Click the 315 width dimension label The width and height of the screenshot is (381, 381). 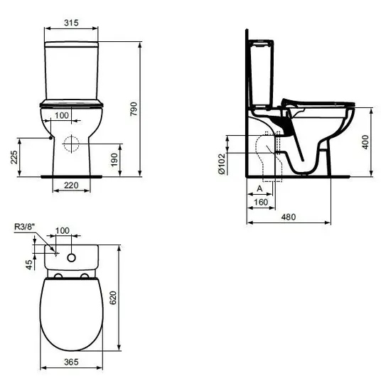pyautogui.click(x=71, y=23)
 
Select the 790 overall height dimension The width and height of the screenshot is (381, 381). pyautogui.click(x=134, y=109)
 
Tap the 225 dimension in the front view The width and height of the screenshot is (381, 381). pyautogui.click(x=14, y=157)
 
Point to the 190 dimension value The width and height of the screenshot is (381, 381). pyautogui.click(x=114, y=160)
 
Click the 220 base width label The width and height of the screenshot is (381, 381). pyautogui.click(x=71, y=186)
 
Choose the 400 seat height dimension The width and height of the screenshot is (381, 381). pyautogui.click(x=365, y=142)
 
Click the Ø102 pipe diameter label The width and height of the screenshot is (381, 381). pyautogui.click(x=222, y=163)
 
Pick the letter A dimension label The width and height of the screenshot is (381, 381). pyautogui.click(x=259, y=188)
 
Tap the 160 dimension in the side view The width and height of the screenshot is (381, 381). pyautogui.click(x=261, y=202)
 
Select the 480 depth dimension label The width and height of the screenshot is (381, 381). pyautogui.click(x=289, y=217)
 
